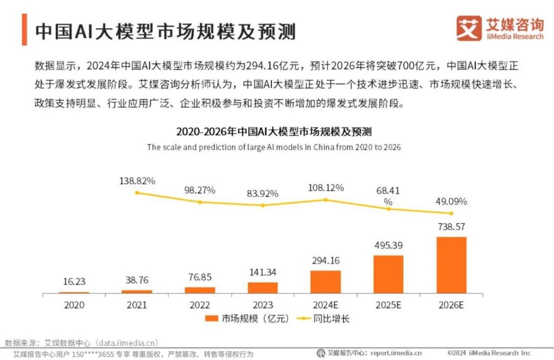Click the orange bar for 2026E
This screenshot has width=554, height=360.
pyautogui.click(x=451, y=265)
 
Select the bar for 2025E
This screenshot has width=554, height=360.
pyautogui.click(x=388, y=274)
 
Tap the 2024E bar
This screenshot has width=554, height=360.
pyautogui.click(x=325, y=282)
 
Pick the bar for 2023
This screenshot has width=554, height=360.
pyautogui.click(x=262, y=288)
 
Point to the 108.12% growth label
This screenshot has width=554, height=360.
pyautogui.click(x=325, y=188)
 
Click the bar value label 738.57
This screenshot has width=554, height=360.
pyautogui.click(x=451, y=227)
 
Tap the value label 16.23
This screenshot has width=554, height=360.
pyautogui.click(x=74, y=282)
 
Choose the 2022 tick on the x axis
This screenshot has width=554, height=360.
pyautogui.click(x=200, y=305)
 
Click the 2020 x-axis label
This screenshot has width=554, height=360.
pyautogui.click(x=74, y=305)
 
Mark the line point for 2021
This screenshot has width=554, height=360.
pyautogui.click(x=136, y=193)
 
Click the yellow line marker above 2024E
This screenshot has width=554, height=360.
pyautogui.click(x=325, y=199)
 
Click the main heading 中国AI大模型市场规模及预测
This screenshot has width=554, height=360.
pyautogui.click(x=165, y=31)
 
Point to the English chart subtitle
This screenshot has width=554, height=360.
pyautogui.click(x=273, y=147)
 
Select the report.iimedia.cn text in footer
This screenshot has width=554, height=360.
pyautogui.click(x=396, y=353)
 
